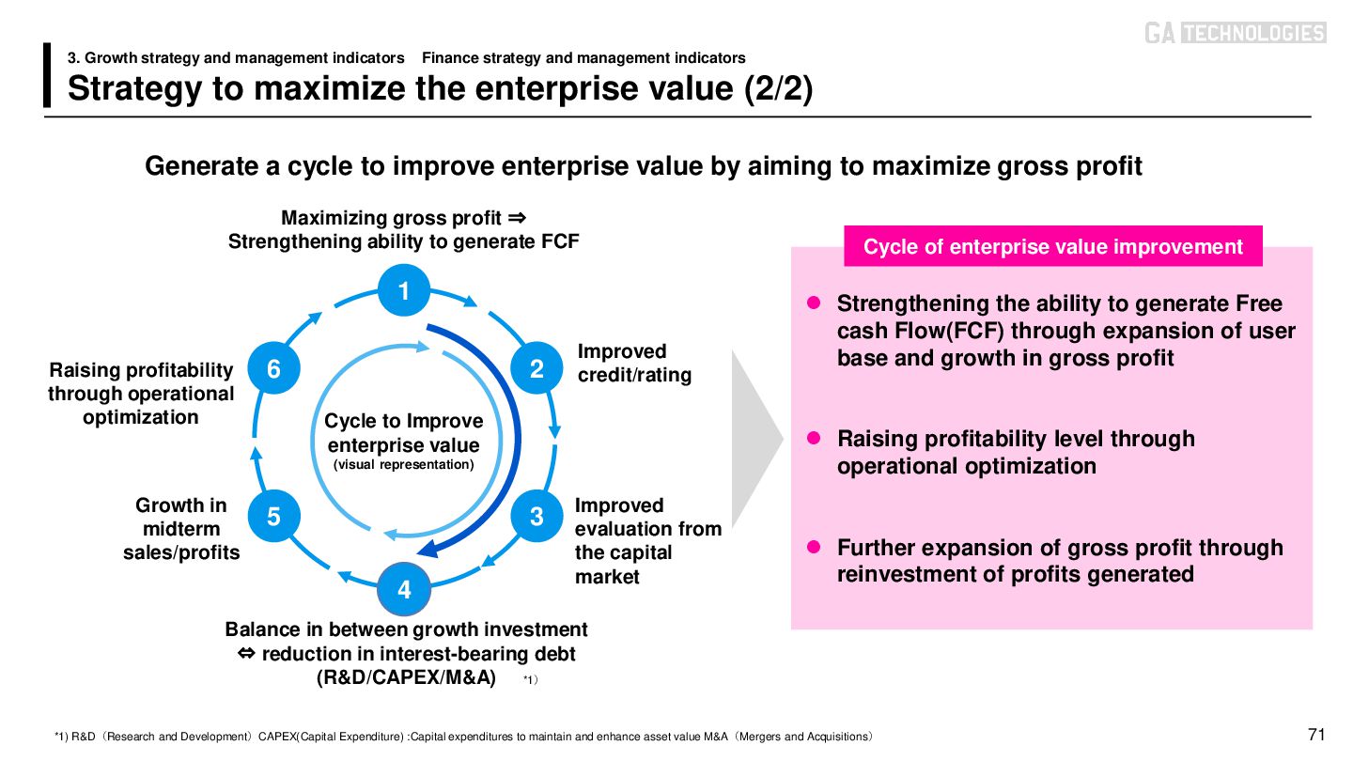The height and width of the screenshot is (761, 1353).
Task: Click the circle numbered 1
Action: point(404,292)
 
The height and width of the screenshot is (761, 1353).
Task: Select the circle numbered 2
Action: point(537,369)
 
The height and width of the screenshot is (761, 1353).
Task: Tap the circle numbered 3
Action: point(537,516)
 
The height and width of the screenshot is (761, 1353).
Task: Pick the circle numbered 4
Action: point(404,589)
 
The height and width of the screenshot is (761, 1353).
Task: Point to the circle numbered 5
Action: point(273,516)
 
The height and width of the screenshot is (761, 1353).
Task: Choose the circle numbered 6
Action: point(273,369)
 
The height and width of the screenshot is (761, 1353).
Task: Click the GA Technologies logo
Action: point(1235,33)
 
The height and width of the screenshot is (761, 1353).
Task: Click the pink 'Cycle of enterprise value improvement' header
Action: point(1052,247)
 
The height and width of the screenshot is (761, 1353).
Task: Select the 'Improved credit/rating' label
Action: point(634,364)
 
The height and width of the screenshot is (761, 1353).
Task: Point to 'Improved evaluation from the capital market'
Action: point(647,541)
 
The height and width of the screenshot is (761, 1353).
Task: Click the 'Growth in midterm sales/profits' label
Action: point(181,529)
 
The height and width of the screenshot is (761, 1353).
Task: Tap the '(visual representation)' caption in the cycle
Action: point(404,464)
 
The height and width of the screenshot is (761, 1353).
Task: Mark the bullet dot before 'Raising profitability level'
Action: point(816,438)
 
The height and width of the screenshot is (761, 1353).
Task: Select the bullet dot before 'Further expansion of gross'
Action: point(816,547)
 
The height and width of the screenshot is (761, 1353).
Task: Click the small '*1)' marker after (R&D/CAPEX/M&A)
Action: point(530,679)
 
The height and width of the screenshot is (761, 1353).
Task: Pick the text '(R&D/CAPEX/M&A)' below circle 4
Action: point(407,677)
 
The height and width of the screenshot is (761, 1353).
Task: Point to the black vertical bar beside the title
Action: point(48,75)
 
